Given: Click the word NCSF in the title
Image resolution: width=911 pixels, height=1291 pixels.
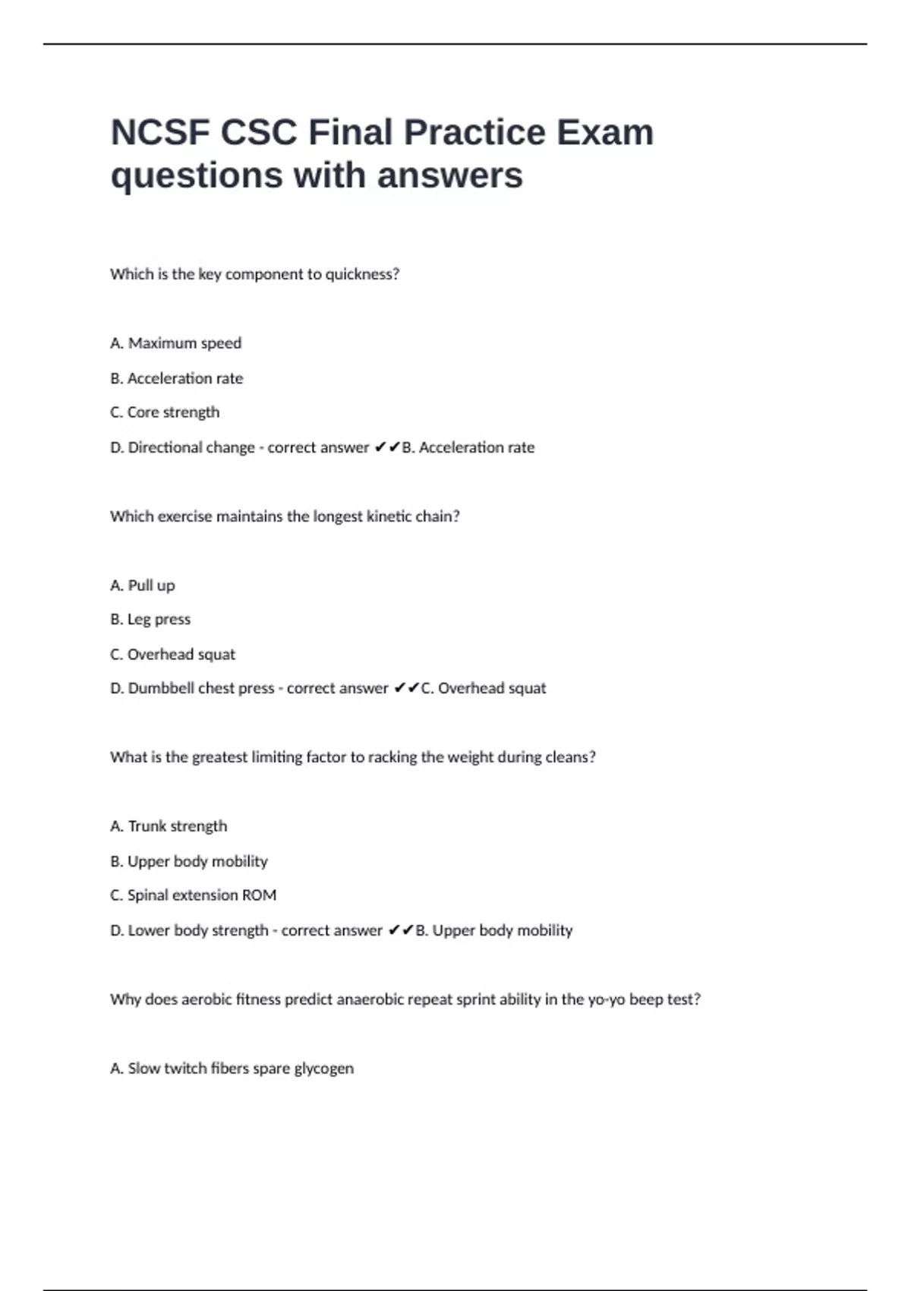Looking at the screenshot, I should coord(160,133).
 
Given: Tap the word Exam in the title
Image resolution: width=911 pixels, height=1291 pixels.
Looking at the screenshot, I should coord(604,133).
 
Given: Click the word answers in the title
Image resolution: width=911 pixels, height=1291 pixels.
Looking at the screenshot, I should coord(449,176).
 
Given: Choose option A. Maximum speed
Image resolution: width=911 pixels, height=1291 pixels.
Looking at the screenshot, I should coord(175,343).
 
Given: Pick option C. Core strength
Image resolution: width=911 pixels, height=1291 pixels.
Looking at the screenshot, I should coord(165,412).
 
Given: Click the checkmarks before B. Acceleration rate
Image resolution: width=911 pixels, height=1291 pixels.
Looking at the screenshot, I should coord(387,447).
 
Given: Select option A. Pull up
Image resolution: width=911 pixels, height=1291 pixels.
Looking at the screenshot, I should coord(143,586).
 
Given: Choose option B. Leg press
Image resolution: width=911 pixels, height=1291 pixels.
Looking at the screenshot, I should coord(150,620).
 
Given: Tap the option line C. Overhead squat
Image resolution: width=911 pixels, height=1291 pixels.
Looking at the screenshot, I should coord(173,655).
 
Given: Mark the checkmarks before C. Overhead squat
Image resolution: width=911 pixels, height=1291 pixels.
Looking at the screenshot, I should coord(406,689).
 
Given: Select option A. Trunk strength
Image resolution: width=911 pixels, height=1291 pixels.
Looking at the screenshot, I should coord(169,826).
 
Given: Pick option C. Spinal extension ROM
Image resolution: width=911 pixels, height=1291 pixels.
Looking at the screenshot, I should coord(193,895).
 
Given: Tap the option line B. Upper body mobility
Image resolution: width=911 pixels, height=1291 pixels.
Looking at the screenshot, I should coord(189,861).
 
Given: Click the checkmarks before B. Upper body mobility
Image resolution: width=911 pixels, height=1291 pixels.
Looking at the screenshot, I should coord(401,930).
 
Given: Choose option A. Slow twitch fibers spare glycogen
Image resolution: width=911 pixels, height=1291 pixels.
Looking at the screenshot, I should coord(232,1068).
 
